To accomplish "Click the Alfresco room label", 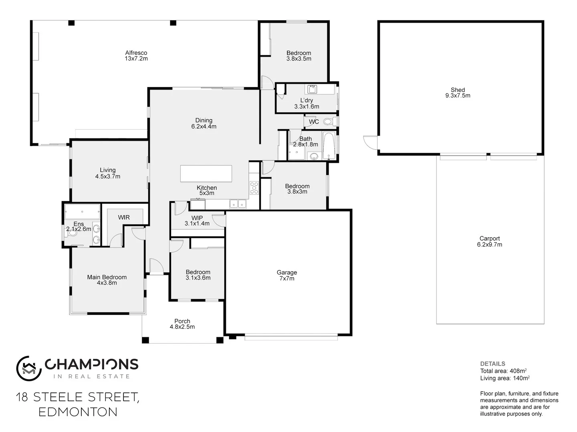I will pos(136,56).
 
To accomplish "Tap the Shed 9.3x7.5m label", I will pos(458,93).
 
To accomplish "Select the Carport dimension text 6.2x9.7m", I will pos(489,245).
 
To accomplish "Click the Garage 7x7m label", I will pos(286,276).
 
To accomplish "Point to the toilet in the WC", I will pos(329,121).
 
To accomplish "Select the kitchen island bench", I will pos(206,174).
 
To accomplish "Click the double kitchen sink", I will pos(238,204).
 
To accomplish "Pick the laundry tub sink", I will pos(312,89).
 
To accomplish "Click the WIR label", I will pos(124,218).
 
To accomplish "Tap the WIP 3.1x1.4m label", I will pos(197,221).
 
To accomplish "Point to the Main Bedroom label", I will pos(107,280).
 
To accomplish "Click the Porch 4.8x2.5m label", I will pos(182,324).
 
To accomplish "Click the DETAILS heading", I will pos(492,364).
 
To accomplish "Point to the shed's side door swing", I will pos(370,142).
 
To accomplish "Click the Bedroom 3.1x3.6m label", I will pos(198,275).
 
